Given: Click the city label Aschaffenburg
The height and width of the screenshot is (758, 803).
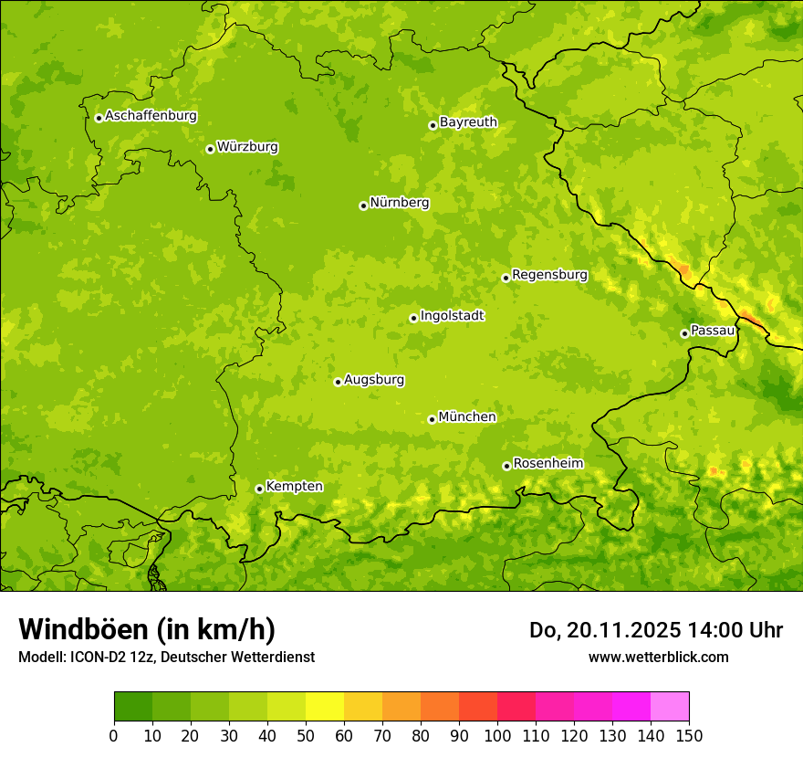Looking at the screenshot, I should coord(151,116).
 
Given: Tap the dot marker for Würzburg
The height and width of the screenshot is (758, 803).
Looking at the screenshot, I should coord(210,149).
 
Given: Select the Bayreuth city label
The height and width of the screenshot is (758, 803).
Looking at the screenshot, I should coord(468,122).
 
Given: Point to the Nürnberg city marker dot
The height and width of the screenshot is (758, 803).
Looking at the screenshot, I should coord(363,205).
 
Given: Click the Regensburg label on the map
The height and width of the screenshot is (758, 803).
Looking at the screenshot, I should coord(549,275).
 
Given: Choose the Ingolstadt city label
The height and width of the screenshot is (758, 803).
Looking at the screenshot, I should coord(452,316).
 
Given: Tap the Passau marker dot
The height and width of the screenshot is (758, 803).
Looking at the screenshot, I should coord(684,333).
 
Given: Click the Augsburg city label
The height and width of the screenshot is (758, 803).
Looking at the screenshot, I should coord(374,380).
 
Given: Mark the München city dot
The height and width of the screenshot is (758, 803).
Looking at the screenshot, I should coord(432,419).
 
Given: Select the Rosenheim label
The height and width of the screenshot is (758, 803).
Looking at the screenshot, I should coord(547,464).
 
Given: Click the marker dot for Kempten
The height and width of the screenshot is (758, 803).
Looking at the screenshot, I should coord(259,489).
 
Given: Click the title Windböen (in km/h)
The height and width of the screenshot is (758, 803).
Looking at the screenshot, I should coord(147,629).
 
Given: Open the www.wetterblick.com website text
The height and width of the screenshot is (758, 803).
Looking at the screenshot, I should coord(658,657).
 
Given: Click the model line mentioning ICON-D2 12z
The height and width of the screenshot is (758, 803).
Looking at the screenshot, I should coord(166,658).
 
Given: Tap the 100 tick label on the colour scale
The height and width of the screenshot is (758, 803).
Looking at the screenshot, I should coord(497,735).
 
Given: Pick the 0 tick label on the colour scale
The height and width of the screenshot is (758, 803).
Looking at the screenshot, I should coord(114,735).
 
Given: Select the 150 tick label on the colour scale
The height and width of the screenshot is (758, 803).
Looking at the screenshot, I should coord(689,735).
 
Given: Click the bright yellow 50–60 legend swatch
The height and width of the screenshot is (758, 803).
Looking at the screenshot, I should coord(325,707).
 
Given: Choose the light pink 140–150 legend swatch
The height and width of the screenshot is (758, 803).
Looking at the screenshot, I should coord(670,707).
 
